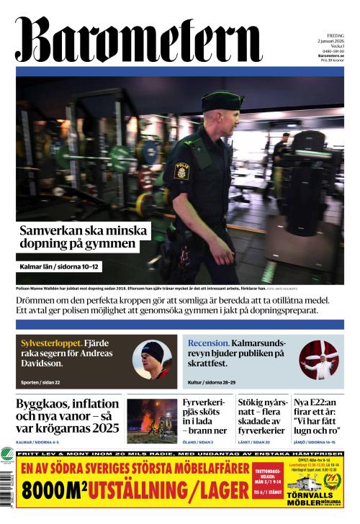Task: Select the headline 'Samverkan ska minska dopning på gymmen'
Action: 83,238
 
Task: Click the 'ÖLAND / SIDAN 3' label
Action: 199,441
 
